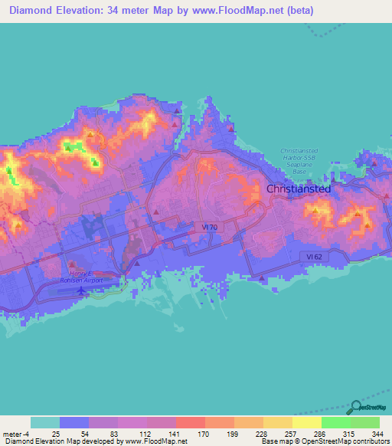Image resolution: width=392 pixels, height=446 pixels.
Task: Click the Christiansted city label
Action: tap(299, 189)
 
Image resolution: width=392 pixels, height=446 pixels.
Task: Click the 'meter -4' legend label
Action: tap(16, 434)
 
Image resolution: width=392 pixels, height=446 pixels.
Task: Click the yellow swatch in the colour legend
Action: tap(307, 422)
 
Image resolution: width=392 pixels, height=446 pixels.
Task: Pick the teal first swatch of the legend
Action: tap(45, 422)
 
